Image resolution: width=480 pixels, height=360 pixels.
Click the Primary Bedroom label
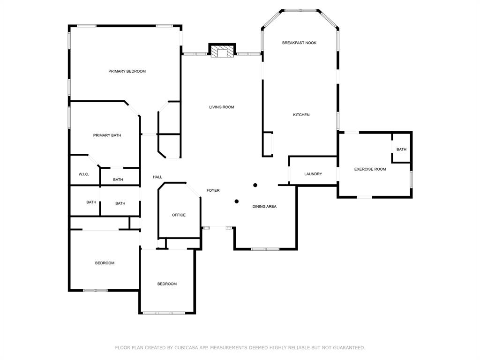[x=127, y=71]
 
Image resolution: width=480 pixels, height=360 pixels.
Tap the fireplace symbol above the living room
[x=221, y=51]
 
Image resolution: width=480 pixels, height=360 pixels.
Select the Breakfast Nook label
[x=299, y=43]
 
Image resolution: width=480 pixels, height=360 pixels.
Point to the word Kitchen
[x=301, y=115]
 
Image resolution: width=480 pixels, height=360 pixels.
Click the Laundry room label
[x=313, y=174]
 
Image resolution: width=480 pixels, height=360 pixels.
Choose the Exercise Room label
[x=370, y=169]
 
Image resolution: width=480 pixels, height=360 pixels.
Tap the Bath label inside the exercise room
[x=401, y=150]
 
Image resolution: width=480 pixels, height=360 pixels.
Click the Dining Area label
[x=264, y=206]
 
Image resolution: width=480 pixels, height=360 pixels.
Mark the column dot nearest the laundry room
[x=255, y=185]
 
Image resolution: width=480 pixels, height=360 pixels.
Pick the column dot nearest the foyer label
[x=237, y=202]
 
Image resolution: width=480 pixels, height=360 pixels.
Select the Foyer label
[x=213, y=190]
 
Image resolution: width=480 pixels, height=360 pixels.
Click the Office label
[x=179, y=215]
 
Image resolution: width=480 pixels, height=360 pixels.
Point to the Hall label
[x=157, y=177]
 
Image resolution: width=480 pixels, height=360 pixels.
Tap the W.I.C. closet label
[x=84, y=174]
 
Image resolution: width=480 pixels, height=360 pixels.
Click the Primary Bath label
[x=107, y=135]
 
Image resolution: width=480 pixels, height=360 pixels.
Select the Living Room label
[x=222, y=107]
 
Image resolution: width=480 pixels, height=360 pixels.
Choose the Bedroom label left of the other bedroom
[x=105, y=263]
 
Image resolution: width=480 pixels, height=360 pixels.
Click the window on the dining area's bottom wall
[x=265, y=249]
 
